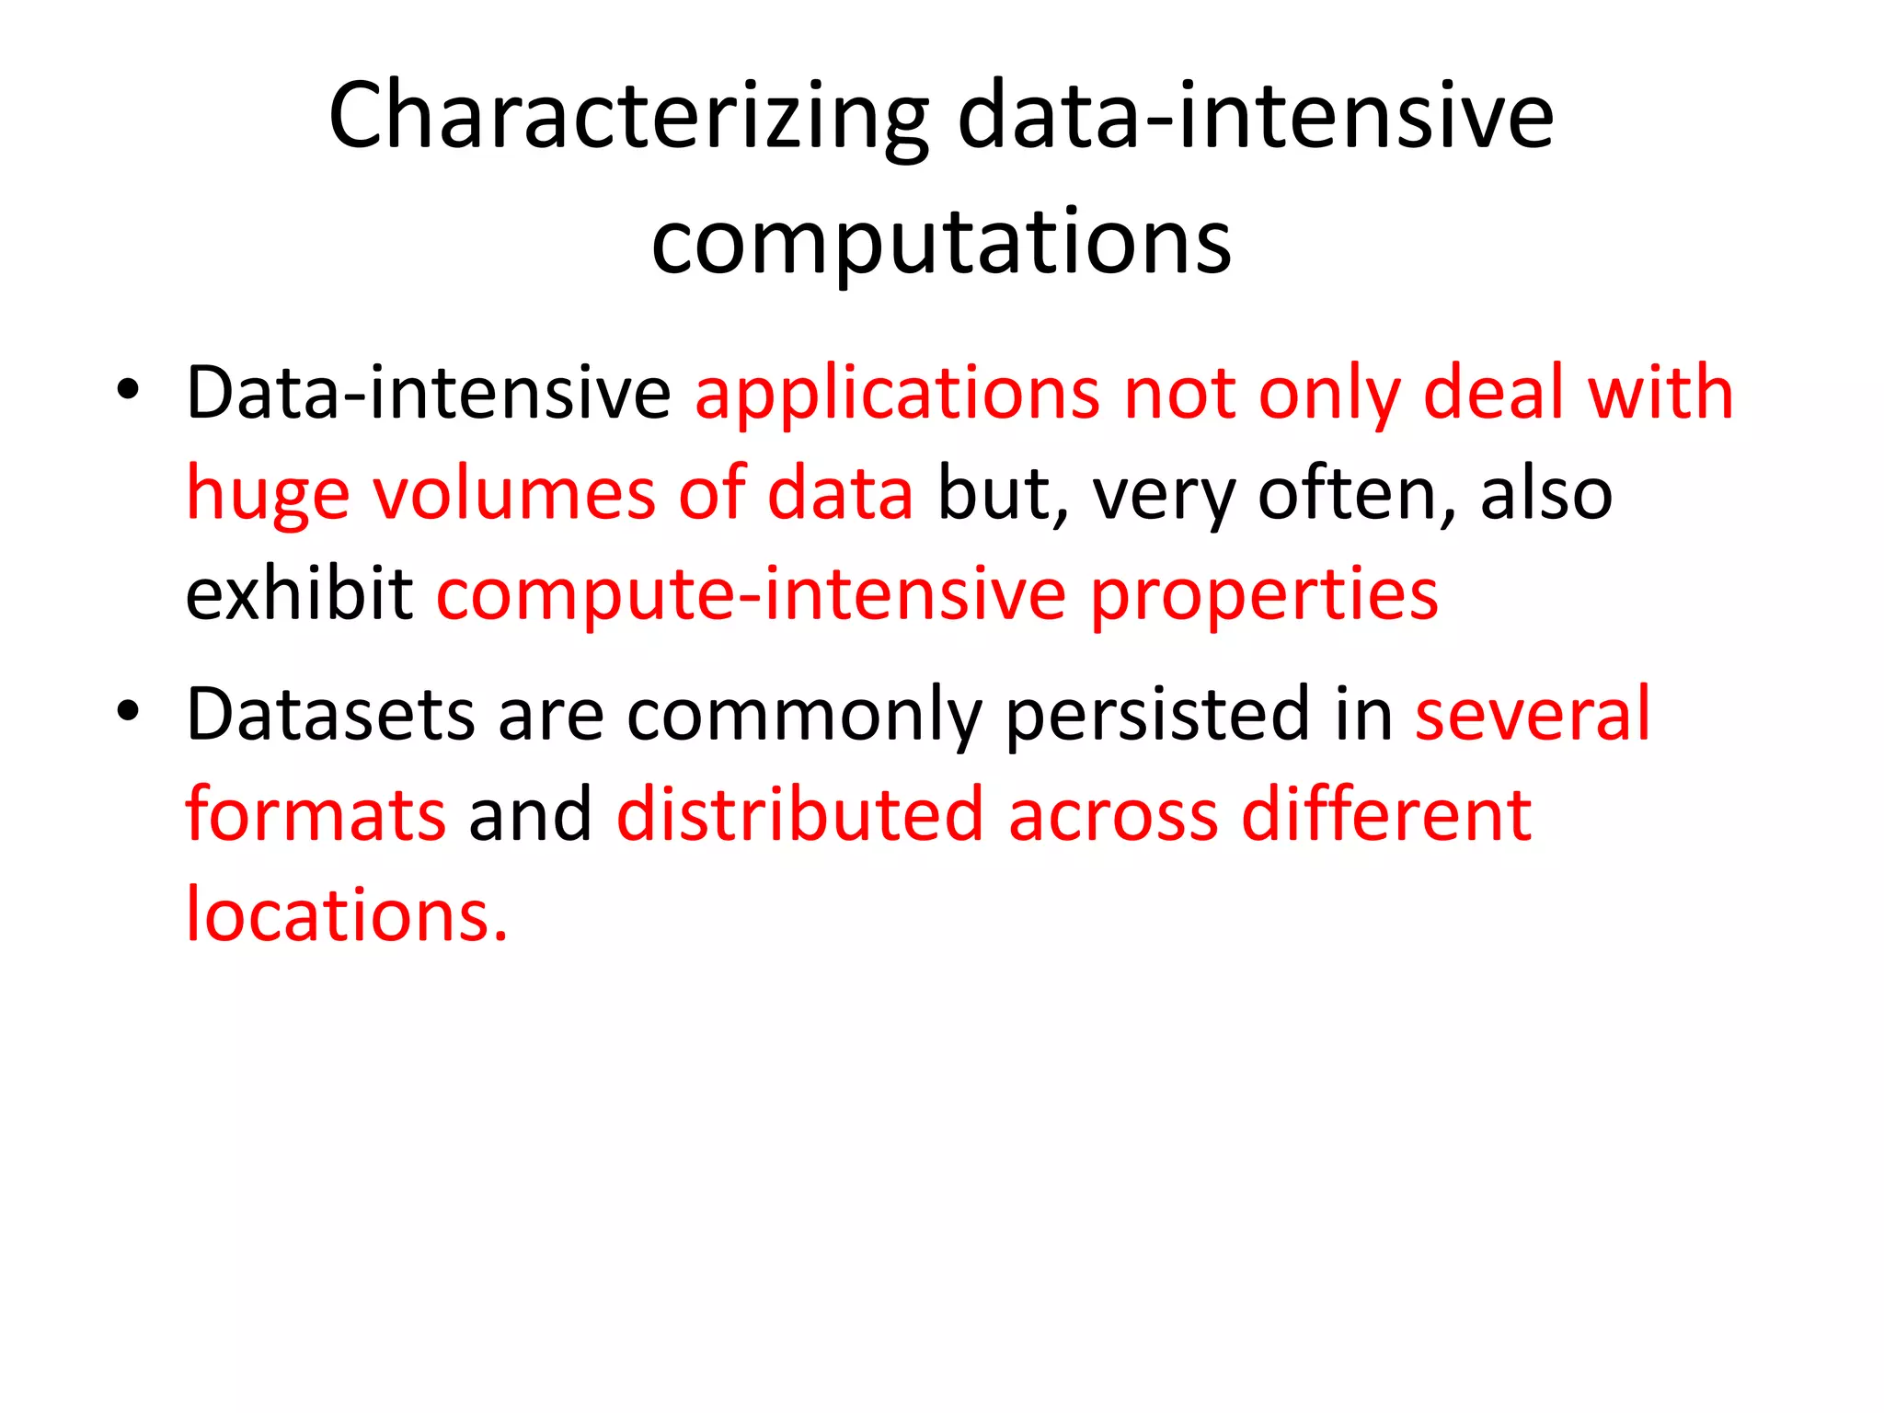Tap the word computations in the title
[940, 242]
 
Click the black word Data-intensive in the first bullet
[429, 394]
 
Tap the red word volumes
[513, 494]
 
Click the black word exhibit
[299, 593]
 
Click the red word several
[1533, 715]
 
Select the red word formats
[316, 815]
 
